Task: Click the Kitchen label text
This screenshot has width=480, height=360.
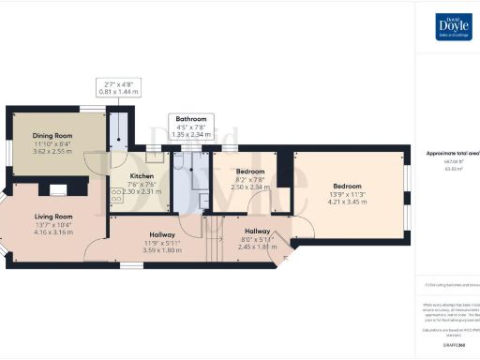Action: [142, 176]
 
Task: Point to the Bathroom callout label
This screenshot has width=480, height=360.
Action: [191, 120]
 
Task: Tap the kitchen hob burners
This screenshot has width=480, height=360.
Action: [117, 196]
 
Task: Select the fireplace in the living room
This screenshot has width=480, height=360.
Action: [58, 191]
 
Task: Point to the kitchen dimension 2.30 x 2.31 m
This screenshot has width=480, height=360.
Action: [142, 191]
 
